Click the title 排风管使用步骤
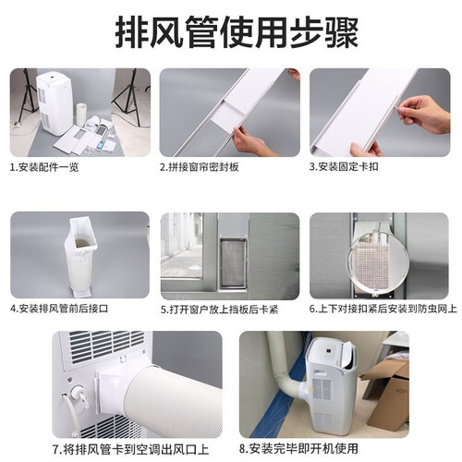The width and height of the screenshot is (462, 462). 237,32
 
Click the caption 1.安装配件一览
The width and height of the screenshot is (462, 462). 44,167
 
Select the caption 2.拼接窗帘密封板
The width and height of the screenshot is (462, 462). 200,167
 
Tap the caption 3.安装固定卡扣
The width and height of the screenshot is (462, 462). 344,166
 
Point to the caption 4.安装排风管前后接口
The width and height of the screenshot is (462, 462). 59,309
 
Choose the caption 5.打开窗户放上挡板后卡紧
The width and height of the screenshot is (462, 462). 220,310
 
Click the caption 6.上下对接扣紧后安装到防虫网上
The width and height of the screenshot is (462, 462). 383,309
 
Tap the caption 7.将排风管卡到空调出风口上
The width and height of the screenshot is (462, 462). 131,449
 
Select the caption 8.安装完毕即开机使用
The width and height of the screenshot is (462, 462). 298,448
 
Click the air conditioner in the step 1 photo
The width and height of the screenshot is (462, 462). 55,103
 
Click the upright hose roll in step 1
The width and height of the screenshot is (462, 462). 82,115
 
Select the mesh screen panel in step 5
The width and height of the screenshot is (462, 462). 233,263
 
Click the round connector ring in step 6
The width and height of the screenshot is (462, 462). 378,261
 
